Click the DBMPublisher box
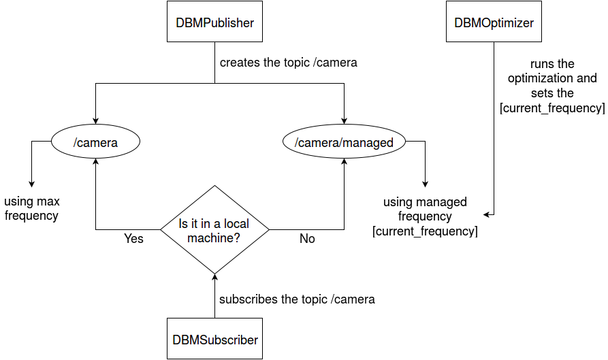click(214, 22)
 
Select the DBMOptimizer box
click(494, 22)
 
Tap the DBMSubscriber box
click(214, 339)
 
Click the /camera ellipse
click(96, 142)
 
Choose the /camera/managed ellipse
click(344, 142)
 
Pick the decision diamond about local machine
click(214, 230)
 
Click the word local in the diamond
click(236, 223)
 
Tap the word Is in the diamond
click(183, 223)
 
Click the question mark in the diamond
click(236, 238)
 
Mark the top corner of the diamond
click(214, 187)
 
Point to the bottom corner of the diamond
click(214, 272)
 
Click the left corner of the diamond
click(162, 230)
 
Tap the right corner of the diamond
click(268, 230)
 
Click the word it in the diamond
click(193, 223)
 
